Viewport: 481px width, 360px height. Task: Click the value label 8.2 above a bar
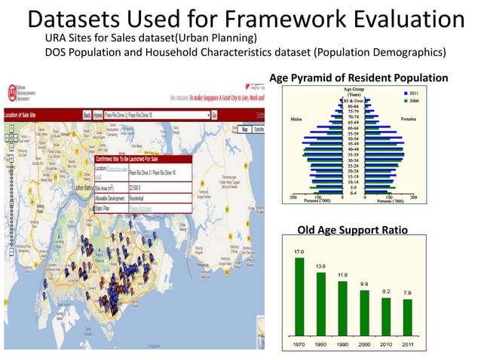[386, 290]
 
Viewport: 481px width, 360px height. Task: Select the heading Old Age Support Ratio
[353, 229]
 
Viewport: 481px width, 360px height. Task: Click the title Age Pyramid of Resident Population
[358, 78]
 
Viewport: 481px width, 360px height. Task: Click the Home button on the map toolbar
[98, 114]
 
